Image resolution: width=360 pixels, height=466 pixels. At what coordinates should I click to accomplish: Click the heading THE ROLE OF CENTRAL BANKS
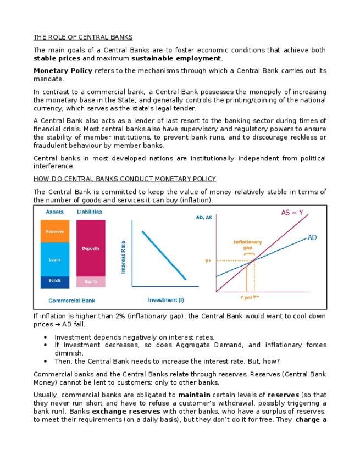[83, 37]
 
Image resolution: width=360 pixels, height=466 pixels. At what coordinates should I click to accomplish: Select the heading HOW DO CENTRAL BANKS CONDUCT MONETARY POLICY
[124, 179]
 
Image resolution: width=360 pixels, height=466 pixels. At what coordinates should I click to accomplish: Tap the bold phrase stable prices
[57, 58]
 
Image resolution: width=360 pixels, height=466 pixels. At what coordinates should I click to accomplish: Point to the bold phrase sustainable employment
[176, 58]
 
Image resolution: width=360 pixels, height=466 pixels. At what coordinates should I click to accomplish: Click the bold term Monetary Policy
[63, 71]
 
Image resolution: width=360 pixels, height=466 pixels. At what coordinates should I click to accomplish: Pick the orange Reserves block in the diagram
[55, 231]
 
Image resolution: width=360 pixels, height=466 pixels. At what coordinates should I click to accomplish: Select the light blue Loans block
[55, 259]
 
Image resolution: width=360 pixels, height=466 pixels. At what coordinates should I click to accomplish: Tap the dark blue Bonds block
[55, 281]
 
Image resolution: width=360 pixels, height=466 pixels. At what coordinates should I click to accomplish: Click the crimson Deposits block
[91, 248]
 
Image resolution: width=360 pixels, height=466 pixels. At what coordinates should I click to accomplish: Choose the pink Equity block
[91, 282]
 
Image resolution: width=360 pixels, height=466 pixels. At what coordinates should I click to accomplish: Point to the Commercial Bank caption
[72, 301]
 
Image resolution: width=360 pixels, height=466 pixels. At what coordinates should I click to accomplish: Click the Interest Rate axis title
[124, 257]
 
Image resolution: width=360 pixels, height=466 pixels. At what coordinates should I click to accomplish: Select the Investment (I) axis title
[166, 299]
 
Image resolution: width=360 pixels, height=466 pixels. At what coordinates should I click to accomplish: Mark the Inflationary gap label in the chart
[247, 245]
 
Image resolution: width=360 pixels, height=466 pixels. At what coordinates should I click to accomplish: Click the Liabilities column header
[89, 212]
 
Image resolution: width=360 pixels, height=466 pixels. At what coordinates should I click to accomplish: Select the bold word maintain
[193, 395]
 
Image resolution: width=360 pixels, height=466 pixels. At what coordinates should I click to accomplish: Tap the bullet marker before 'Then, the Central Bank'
[44, 362]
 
